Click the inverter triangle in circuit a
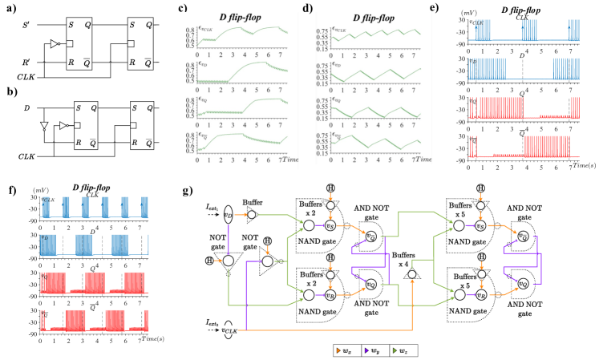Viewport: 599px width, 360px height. point(54,44)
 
